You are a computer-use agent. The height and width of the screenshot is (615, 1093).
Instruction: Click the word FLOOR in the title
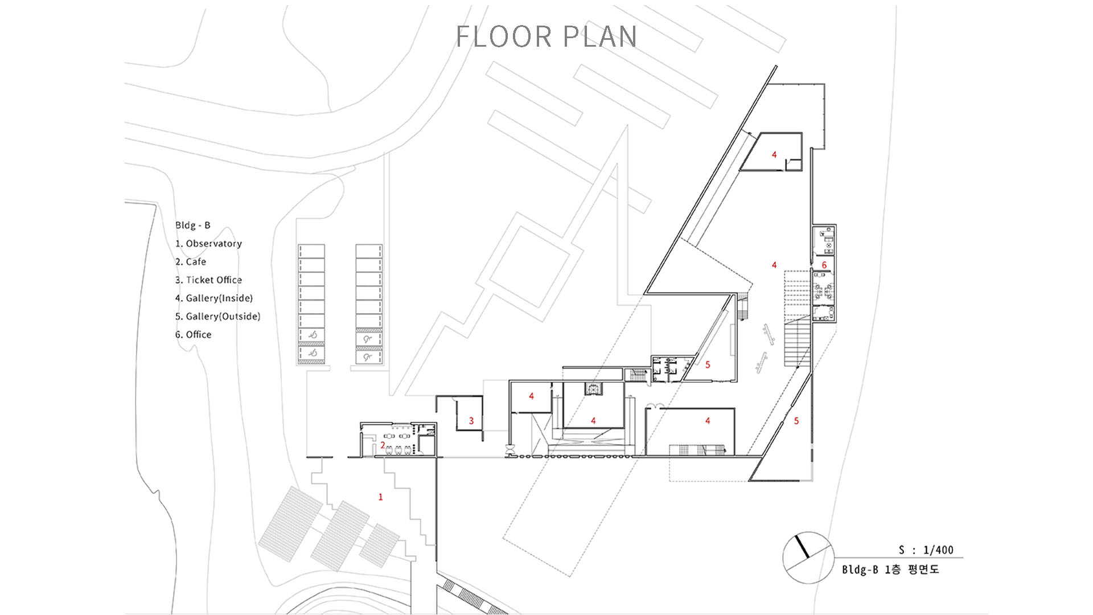click(504, 36)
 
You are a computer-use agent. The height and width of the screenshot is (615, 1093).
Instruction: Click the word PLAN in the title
click(600, 36)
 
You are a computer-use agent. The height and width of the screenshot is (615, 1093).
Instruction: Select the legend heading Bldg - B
click(193, 225)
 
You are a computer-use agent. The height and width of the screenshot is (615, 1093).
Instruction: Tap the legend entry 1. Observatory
click(208, 244)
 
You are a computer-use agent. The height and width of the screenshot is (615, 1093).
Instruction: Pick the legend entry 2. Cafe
click(191, 262)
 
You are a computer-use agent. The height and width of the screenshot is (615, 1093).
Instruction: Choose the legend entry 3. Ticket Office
click(208, 280)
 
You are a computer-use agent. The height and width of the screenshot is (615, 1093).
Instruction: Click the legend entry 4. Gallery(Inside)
click(214, 298)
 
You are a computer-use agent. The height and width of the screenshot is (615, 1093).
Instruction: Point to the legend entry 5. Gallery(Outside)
click(217, 317)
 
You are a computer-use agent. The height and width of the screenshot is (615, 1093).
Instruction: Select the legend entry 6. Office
click(193, 335)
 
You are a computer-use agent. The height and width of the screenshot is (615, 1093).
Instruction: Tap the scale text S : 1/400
click(926, 550)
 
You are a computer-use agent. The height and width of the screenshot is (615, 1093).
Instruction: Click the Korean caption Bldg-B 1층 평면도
click(890, 569)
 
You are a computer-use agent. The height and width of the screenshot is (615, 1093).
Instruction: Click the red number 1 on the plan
click(381, 497)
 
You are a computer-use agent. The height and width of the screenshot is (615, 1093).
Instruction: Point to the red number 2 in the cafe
click(383, 445)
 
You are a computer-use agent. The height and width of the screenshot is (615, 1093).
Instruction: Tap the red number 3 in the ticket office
click(471, 421)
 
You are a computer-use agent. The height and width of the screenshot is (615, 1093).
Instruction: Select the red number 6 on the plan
click(824, 265)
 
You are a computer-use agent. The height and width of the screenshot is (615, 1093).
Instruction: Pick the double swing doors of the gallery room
click(655, 406)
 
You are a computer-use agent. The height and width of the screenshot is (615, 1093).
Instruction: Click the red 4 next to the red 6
click(774, 265)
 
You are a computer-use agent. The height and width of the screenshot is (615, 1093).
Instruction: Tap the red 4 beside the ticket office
click(531, 396)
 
